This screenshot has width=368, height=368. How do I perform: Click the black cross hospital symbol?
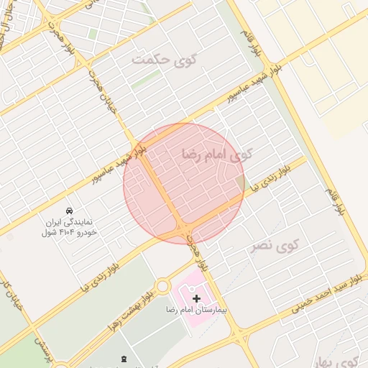pyautogui.click(x=197, y=298)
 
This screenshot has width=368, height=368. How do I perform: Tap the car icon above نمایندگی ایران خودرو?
pyautogui.click(x=68, y=211)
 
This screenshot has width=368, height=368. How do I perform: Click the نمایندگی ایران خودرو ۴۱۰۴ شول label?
pyautogui.click(x=69, y=227)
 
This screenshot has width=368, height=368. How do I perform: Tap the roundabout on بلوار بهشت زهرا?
pyautogui.click(x=162, y=287)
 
